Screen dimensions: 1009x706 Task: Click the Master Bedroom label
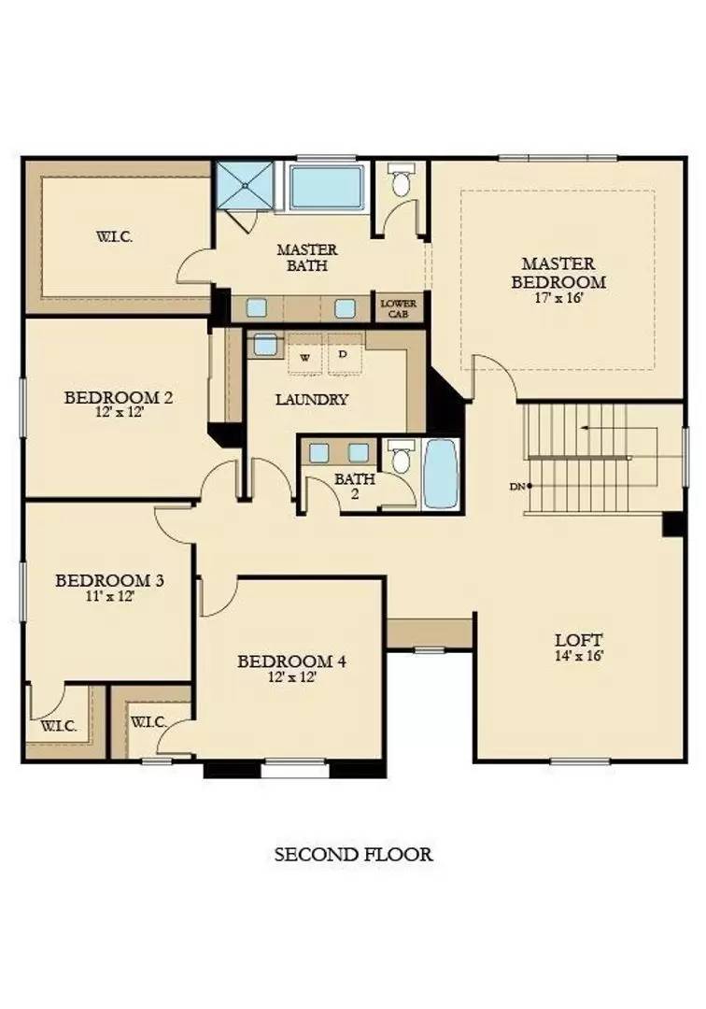558,273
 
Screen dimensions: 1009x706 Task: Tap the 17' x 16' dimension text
558,300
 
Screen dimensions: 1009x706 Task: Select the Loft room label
579,640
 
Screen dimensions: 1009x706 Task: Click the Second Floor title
353,854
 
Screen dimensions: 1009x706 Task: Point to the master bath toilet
402,181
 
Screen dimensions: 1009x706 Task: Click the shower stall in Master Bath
247,185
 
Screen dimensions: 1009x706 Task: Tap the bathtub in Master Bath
325,188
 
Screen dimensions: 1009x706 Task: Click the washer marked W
305,356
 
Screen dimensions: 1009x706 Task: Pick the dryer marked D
343,355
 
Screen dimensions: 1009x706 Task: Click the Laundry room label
312,400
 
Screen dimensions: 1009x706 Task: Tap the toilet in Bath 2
402,459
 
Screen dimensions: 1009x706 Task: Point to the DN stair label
516,486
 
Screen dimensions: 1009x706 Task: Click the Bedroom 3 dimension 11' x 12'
109,595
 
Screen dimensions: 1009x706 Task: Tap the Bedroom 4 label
292,661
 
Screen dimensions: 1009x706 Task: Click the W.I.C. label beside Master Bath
114,236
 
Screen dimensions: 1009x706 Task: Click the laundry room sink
265,344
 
